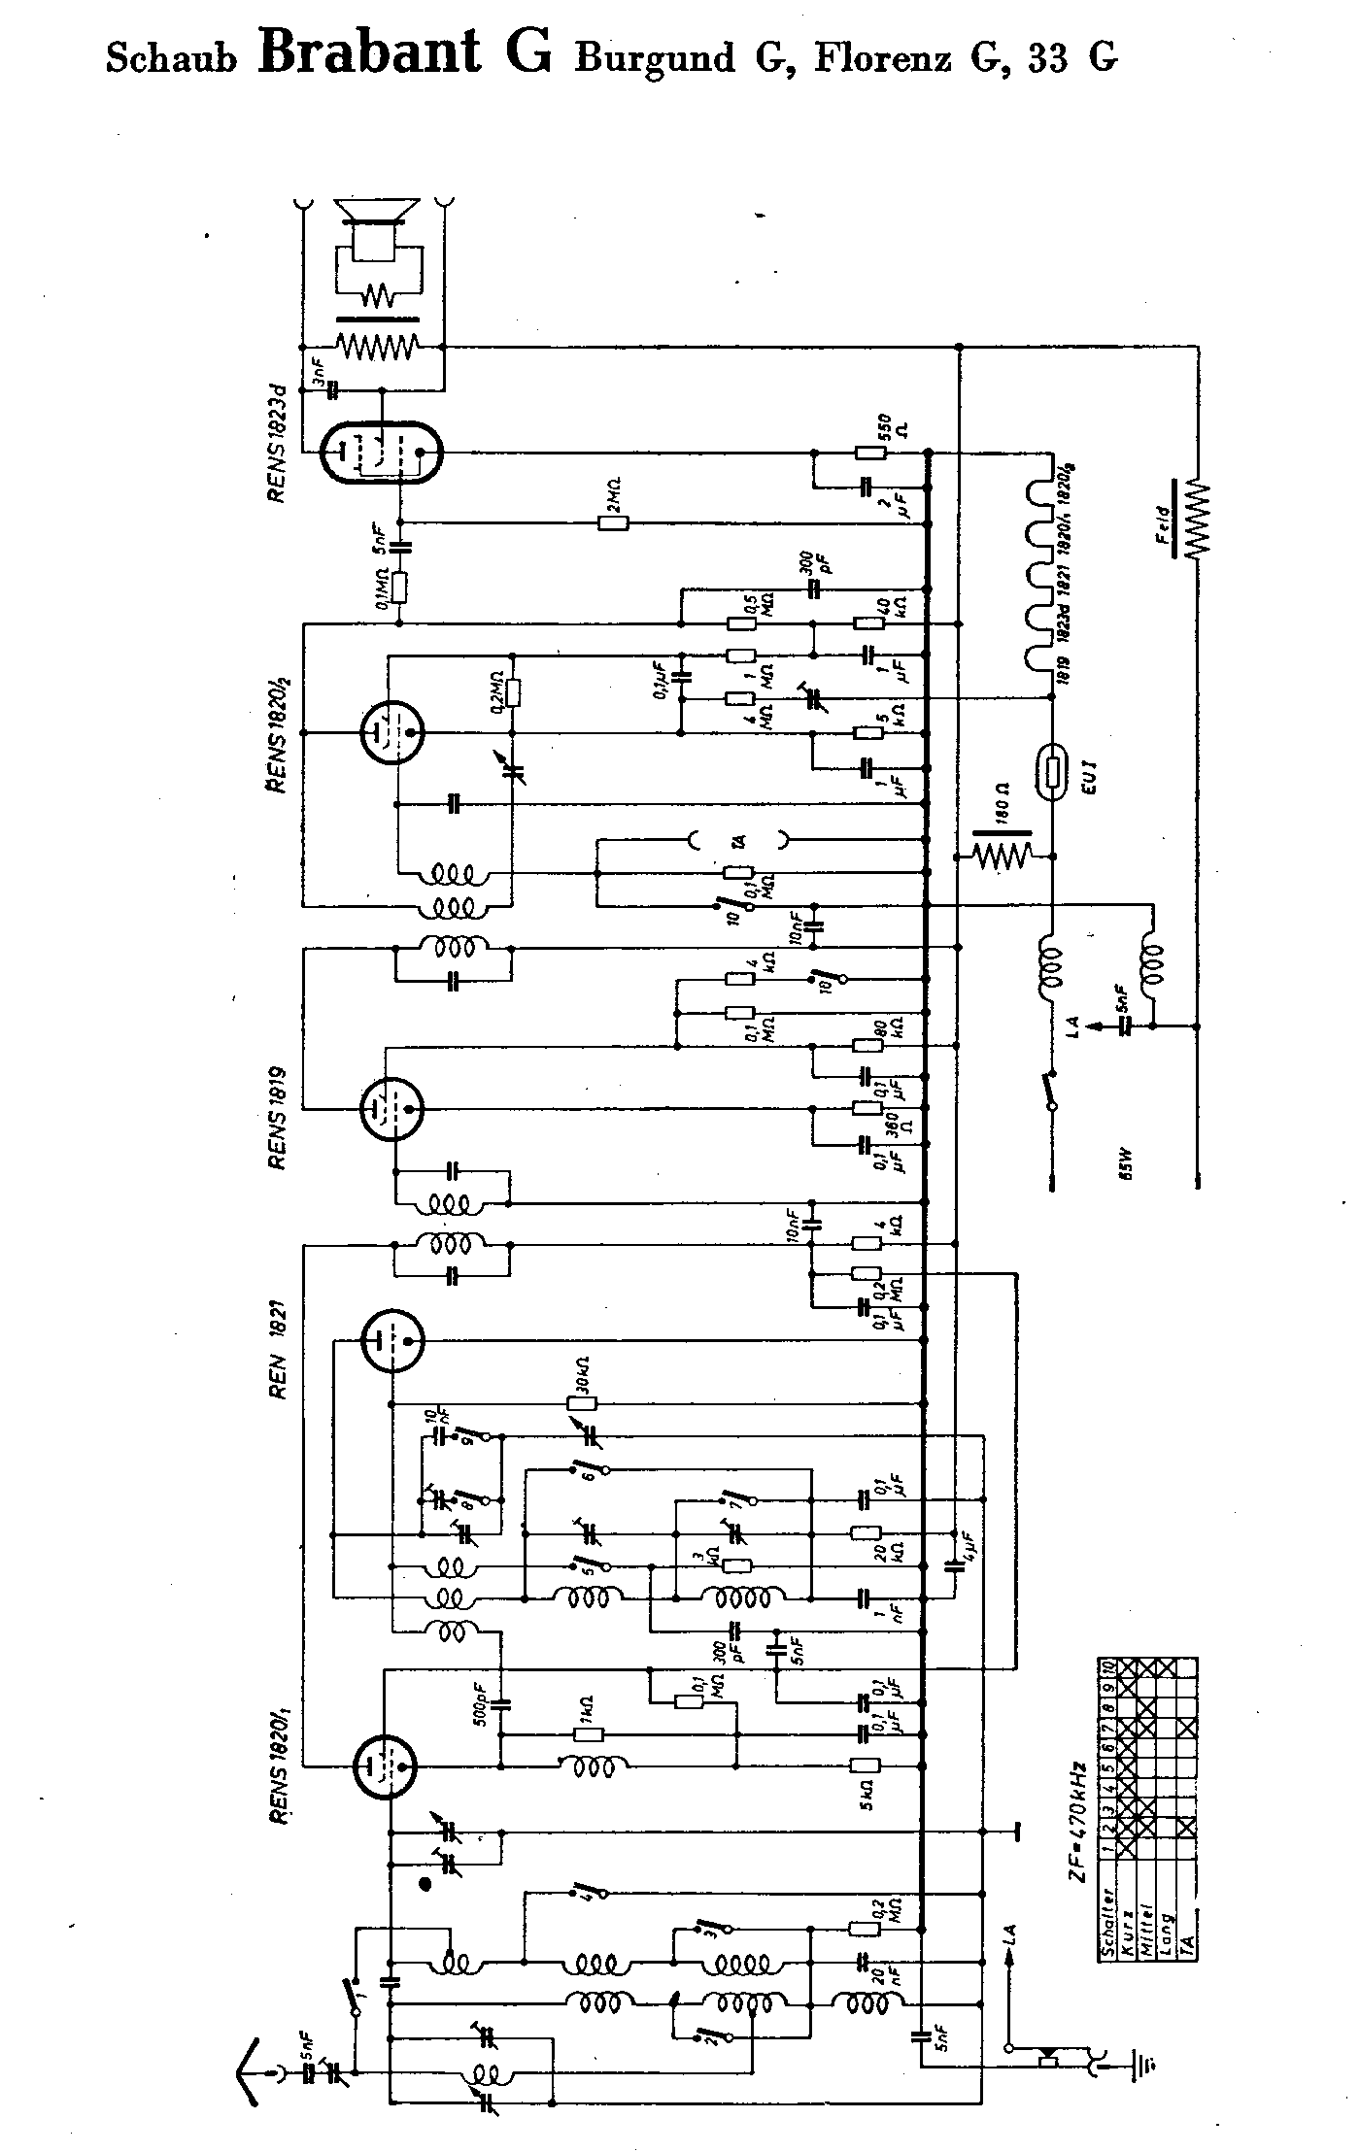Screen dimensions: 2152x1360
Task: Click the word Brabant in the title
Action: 368,52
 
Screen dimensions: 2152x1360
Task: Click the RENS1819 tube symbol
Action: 391,1106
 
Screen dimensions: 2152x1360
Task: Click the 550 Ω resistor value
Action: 886,434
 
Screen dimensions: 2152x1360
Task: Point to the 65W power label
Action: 1126,1168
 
